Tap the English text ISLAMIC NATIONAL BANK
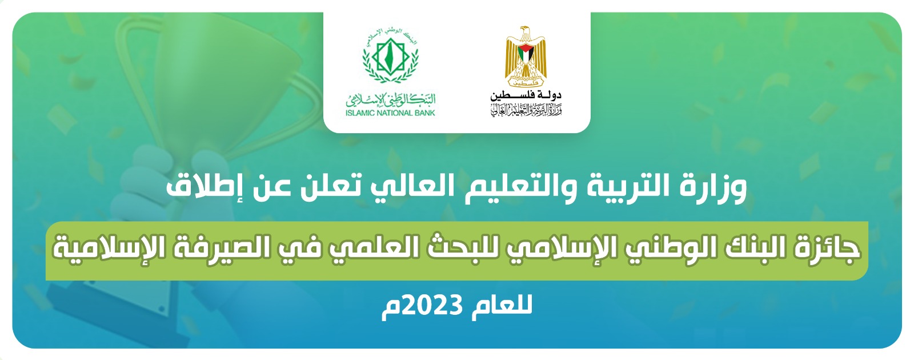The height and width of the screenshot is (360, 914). [391, 113]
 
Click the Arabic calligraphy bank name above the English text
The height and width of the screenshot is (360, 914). [391, 99]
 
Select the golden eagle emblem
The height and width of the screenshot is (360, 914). [526, 57]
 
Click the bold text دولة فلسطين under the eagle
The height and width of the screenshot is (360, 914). [526, 95]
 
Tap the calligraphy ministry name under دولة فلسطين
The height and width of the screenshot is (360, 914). [526, 109]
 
